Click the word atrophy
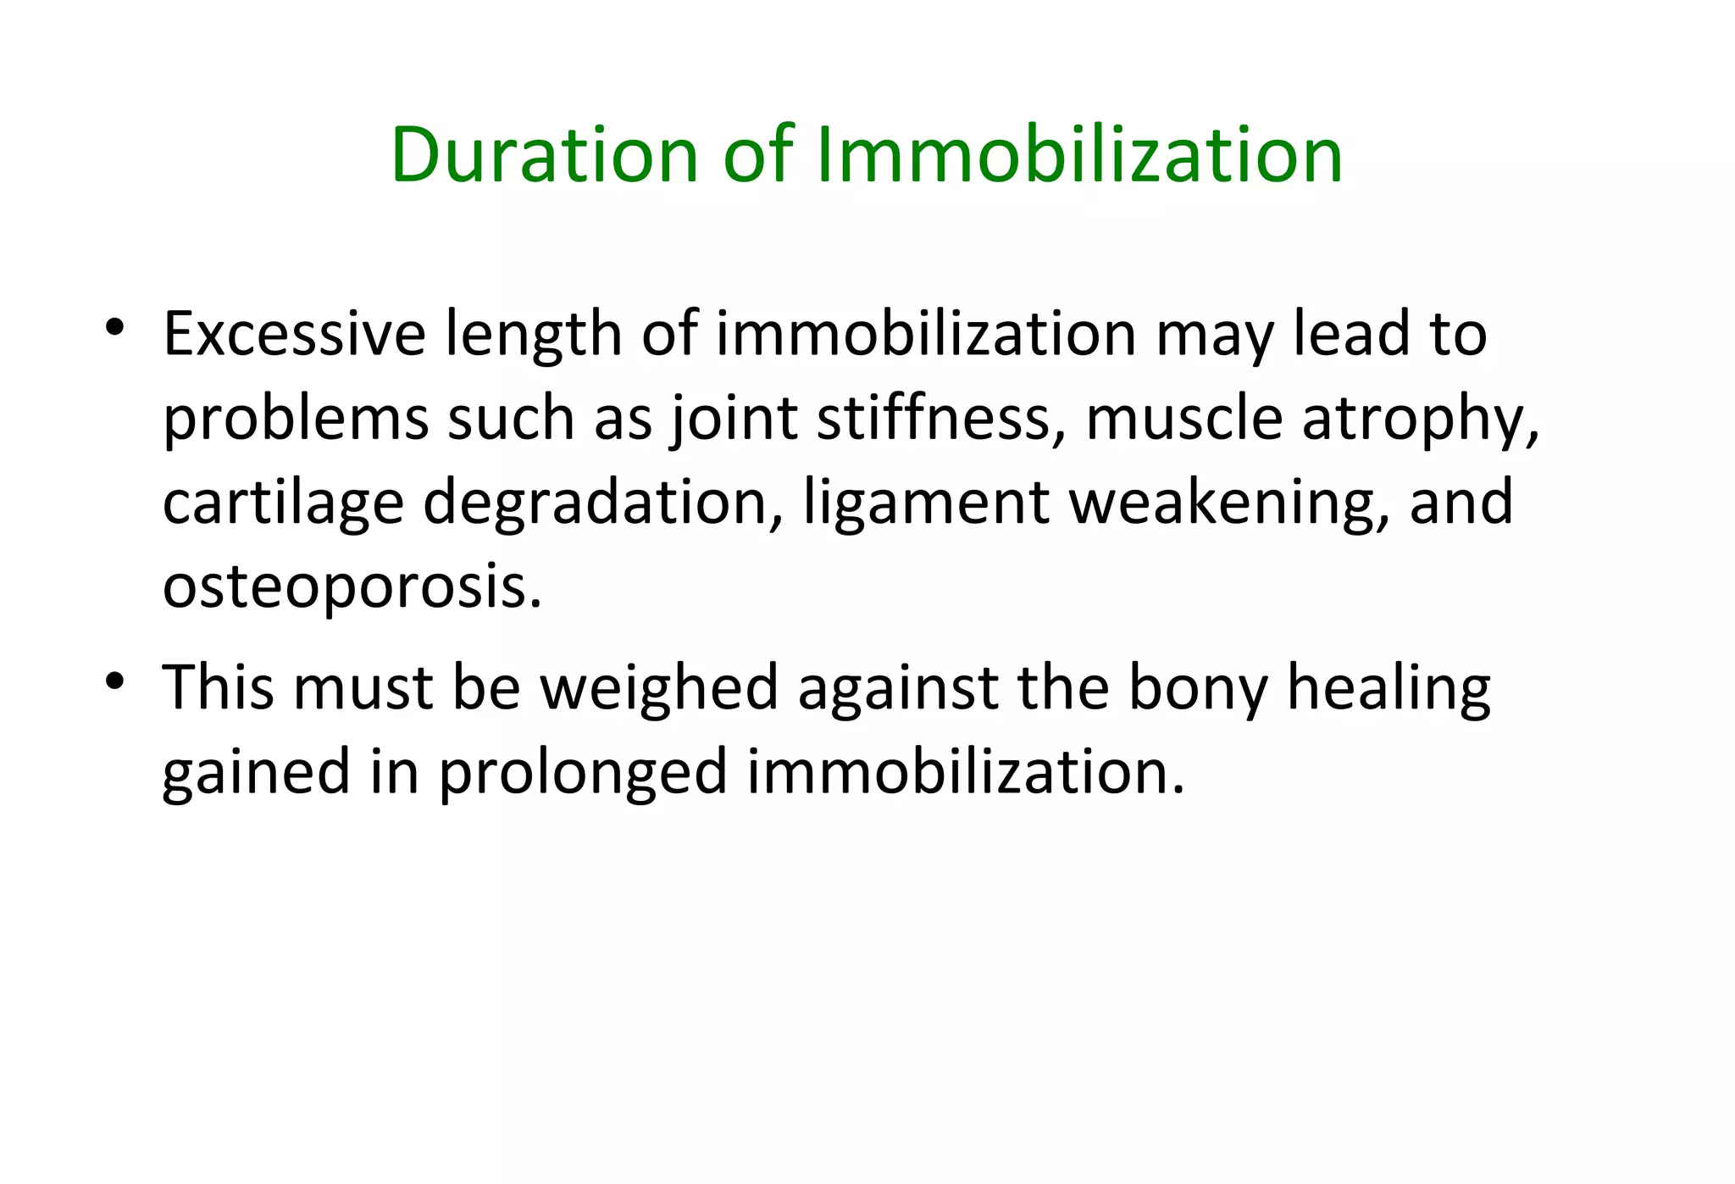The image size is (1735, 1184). pyautogui.click(x=1419, y=420)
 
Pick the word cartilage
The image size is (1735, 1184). pyautogui.click(x=283, y=503)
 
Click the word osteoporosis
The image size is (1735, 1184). pyautogui.click(x=352, y=587)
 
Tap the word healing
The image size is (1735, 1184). pyautogui.click(x=1389, y=688)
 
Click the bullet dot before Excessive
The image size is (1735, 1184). pyautogui.click(x=115, y=326)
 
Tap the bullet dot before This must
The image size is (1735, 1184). pyautogui.click(x=115, y=681)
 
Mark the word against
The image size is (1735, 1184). pyautogui.click(x=897, y=688)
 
